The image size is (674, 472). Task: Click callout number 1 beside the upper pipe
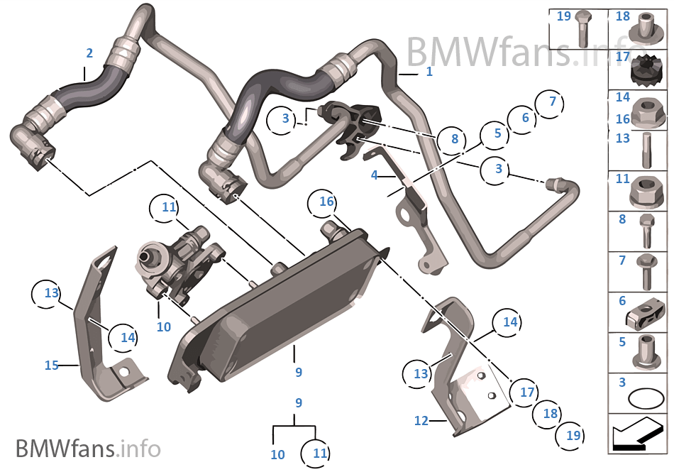pos(429,72)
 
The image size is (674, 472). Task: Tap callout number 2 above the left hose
pos(89,53)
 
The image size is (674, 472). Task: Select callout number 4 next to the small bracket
pos(375,174)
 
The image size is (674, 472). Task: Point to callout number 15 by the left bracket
pos(51,366)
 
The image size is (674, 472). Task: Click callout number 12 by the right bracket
pos(421,421)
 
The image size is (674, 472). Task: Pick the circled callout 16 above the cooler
pos(326,202)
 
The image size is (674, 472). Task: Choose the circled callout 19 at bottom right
pos(573,436)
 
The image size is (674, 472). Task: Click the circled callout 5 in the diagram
pos(497,133)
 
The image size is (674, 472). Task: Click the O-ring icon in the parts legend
pos(642,399)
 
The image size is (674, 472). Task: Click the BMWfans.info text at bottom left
pos(88,449)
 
